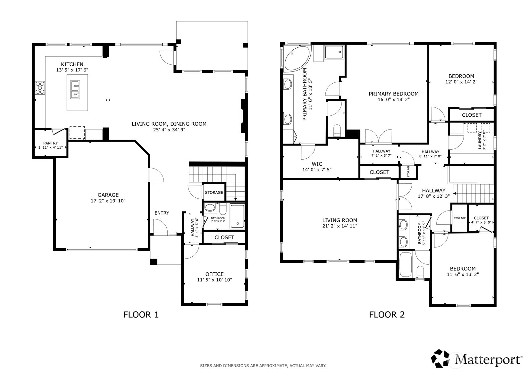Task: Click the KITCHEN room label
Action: pos(72,64)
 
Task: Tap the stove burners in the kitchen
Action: pos(40,88)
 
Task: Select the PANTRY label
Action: pos(50,143)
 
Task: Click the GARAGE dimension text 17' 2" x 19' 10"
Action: pos(108,201)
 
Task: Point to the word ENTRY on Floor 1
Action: pos(162,213)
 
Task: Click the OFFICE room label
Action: pos(214,274)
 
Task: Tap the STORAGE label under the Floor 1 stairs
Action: pos(214,192)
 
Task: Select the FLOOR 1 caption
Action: pos(141,315)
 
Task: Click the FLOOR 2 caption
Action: pos(387,315)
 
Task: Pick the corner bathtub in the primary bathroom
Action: pos(297,58)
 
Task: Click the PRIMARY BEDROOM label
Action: pos(394,94)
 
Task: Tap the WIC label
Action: pos(317,164)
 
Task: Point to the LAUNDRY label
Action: pos(480,140)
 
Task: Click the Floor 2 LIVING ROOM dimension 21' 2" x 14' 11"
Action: pos(340,226)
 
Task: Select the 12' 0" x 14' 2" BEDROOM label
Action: pos(461,76)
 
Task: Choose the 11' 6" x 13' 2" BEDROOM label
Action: pos(463,269)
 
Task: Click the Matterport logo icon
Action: pos(440,359)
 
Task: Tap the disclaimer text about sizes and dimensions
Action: pos(263,366)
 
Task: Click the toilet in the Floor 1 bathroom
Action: pos(222,208)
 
